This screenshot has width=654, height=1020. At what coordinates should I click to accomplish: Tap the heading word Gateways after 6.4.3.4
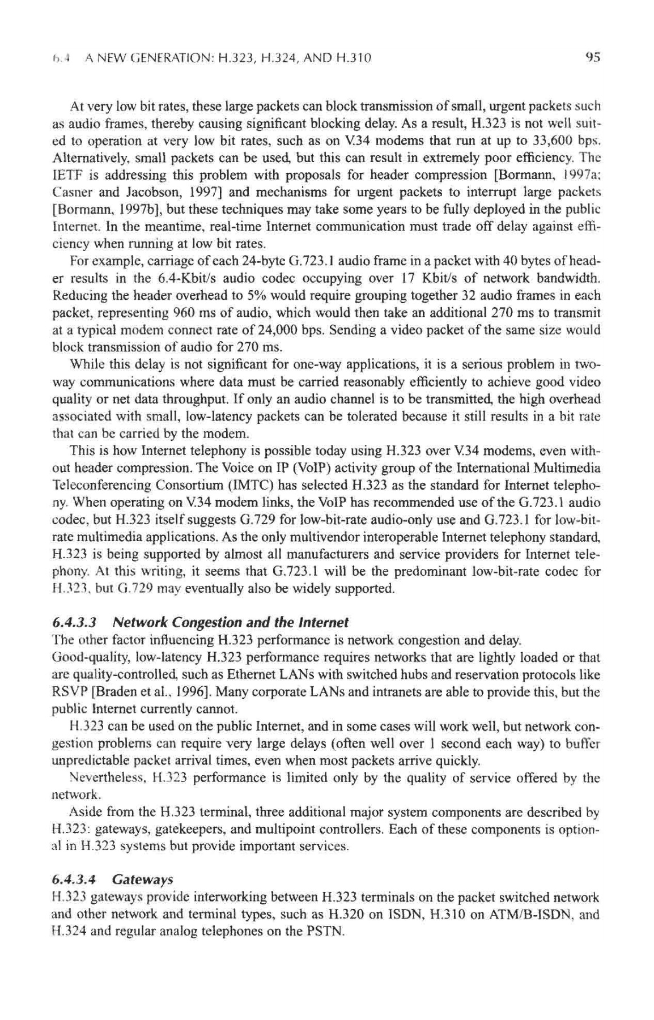point(142,879)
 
